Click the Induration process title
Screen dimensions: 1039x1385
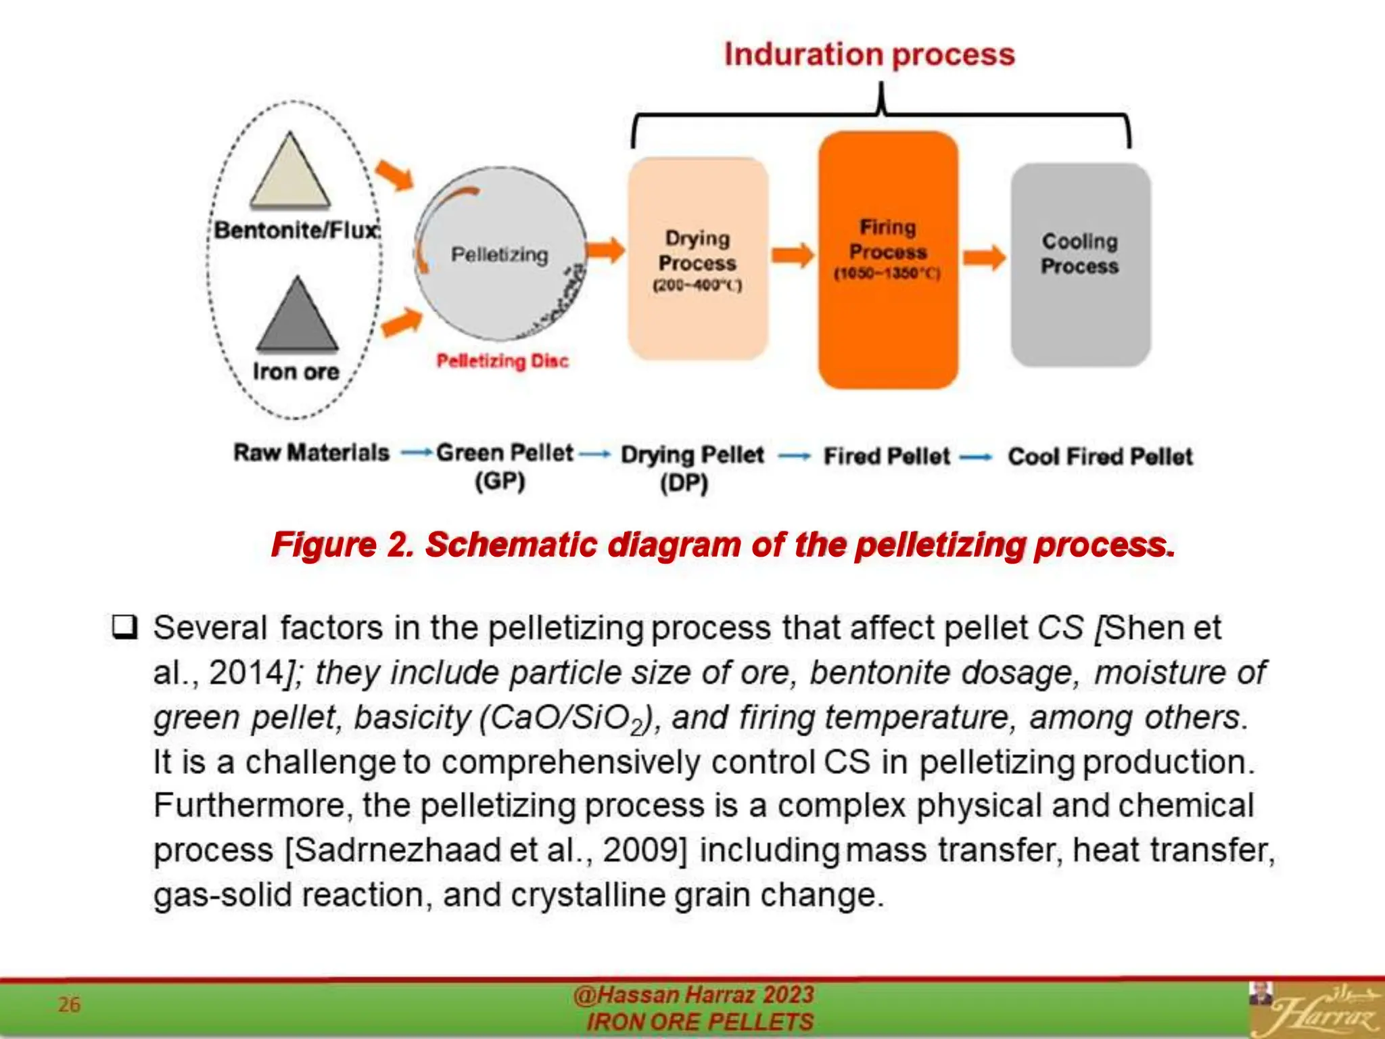pyautogui.click(x=869, y=54)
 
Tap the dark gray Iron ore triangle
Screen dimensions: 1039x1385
pyautogui.click(x=297, y=318)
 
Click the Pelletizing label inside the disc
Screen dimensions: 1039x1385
pyautogui.click(x=500, y=255)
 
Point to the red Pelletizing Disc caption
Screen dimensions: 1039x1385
pyautogui.click(x=502, y=361)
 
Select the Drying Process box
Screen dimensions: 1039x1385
pyautogui.click(x=697, y=259)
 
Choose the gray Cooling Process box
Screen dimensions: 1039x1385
pyautogui.click(x=1080, y=264)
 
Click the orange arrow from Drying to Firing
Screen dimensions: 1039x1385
pyautogui.click(x=793, y=255)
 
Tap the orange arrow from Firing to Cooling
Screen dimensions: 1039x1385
pyautogui.click(x=984, y=258)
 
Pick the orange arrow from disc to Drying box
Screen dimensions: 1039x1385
pyautogui.click(x=605, y=250)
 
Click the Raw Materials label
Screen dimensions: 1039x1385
pyautogui.click(x=311, y=453)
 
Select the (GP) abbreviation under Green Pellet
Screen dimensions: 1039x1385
pyautogui.click(x=500, y=482)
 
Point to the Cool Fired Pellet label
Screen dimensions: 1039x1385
pyautogui.click(x=1100, y=457)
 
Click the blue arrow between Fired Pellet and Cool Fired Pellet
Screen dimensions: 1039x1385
pyautogui.click(x=975, y=457)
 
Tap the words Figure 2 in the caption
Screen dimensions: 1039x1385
pyautogui.click(x=342, y=545)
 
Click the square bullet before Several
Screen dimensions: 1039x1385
pyautogui.click(x=124, y=628)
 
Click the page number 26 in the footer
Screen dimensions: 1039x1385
pyautogui.click(x=69, y=1005)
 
